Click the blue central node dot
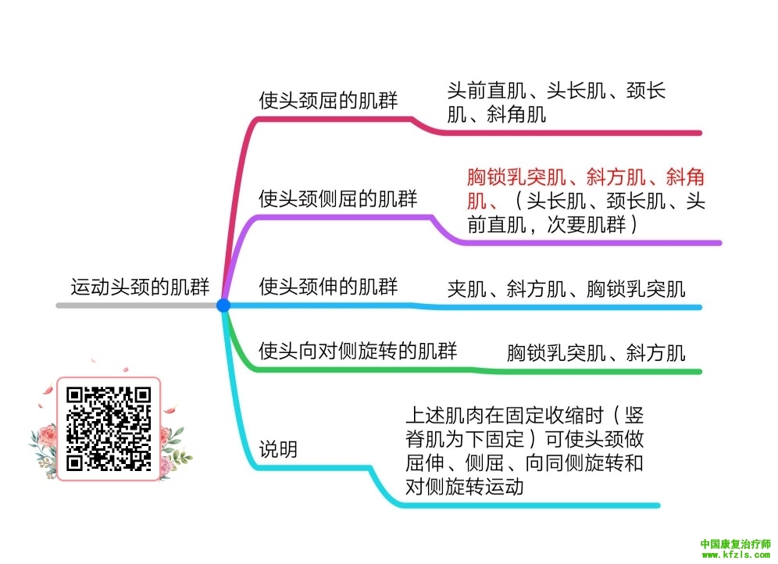pos(223,305)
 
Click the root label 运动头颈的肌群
pos(140,287)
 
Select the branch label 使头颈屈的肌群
pos(328,100)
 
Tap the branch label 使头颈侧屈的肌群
pos(338,199)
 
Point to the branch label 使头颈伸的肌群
pos(328,287)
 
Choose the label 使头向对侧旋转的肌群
pos(358,352)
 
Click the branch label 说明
pos(278,449)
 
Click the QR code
pos(109,429)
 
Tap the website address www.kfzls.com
pos(736,555)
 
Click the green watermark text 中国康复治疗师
pos(736,544)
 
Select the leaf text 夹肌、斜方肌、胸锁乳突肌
pos(566,289)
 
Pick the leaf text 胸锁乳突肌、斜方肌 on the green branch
pos(596,353)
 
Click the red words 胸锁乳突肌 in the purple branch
pos(516,177)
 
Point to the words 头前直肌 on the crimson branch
pos(487,91)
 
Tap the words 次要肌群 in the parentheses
pos(586,225)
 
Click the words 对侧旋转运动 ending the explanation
pos(465,487)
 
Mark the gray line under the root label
pos(137,305)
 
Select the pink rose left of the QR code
pos(48,437)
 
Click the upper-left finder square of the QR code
pos(74,394)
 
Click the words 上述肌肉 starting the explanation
pos(445,415)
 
